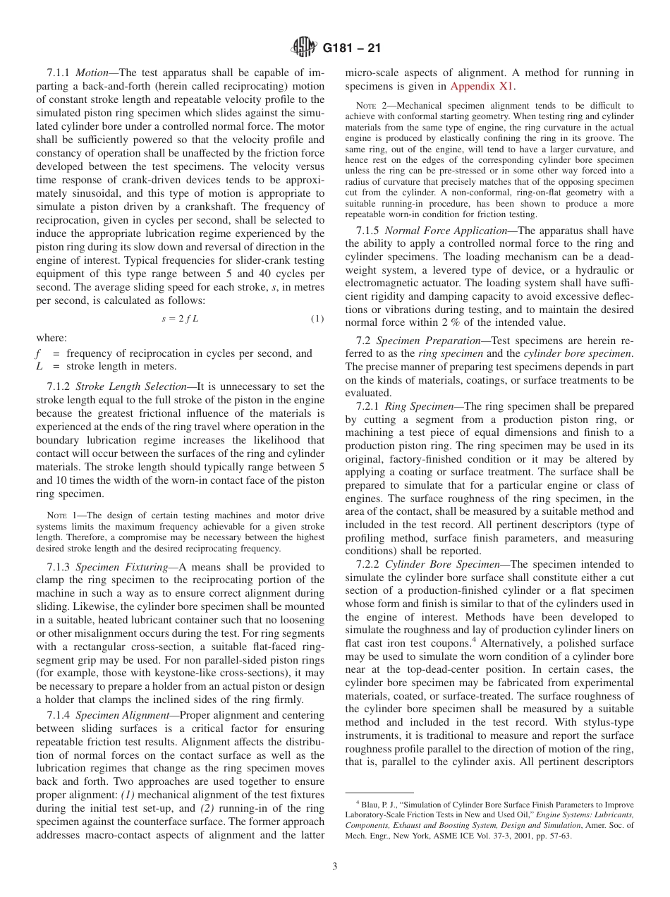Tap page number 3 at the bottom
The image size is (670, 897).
click(x=335, y=867)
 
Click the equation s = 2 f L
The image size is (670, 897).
click(x=181, y=319)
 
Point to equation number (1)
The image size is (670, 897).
click(x=317, y=319)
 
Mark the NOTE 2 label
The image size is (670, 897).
click(x=370, y=106)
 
